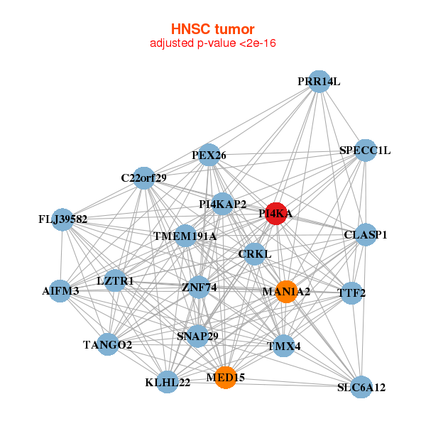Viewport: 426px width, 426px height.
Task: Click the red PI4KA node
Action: tap(276, 213)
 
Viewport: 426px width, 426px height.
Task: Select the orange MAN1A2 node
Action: tap(285, 291)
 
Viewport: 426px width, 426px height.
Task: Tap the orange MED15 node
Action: tap(225, 378)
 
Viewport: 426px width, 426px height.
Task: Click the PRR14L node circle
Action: tap(319, 82)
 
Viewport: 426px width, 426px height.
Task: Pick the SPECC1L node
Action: tap(365, 150)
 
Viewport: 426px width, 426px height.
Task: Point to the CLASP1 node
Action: tap(365, 234)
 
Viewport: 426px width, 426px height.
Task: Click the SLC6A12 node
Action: tap(361, 387)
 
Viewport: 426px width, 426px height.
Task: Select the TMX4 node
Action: tap(284, 346)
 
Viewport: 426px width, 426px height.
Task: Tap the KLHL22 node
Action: tap(168, 382)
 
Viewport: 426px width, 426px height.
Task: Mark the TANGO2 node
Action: tap(108, 345)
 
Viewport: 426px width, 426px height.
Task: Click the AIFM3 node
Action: tap(61, 290)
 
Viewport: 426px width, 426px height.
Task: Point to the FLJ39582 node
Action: tap(63, 219)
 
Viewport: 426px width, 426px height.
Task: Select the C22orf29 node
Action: tap(143, 177)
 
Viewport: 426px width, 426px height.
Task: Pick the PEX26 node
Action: tap(209, 155)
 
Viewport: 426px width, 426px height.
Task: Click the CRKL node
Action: tap(255, 253)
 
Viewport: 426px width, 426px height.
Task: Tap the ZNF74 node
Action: tap(199, 288)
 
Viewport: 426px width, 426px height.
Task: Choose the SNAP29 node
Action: tap(197, 336)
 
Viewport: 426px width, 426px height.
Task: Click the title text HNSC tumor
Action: tap(212, 29)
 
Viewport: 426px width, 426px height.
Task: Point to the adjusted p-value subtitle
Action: tap(212, 44)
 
